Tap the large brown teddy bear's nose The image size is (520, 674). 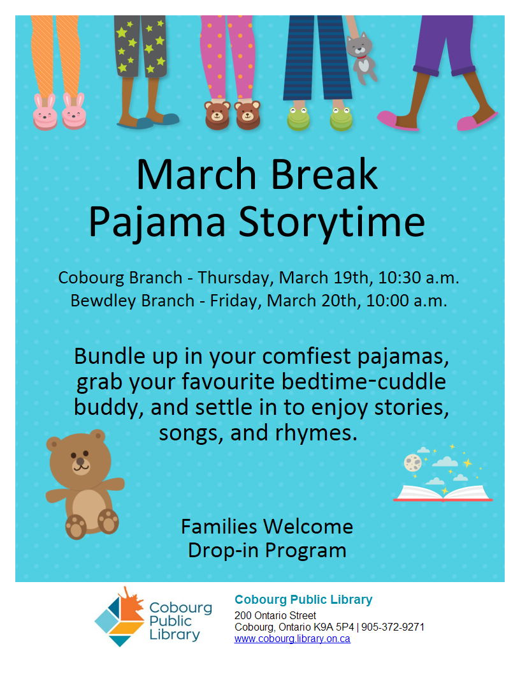click(80, 461)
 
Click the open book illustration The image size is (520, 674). click(443, 493)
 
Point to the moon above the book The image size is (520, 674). click(413, 463)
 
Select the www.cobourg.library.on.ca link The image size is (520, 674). click(292, 639)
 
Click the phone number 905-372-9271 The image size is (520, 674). click(393, 627)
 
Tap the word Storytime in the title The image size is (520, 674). click(331, 222)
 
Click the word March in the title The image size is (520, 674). click(196, 174)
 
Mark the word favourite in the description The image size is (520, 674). click(228, 382)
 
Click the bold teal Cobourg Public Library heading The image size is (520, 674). click(303, 599)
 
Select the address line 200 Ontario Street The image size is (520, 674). click(275, 615)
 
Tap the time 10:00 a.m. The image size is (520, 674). click(407, 301)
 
